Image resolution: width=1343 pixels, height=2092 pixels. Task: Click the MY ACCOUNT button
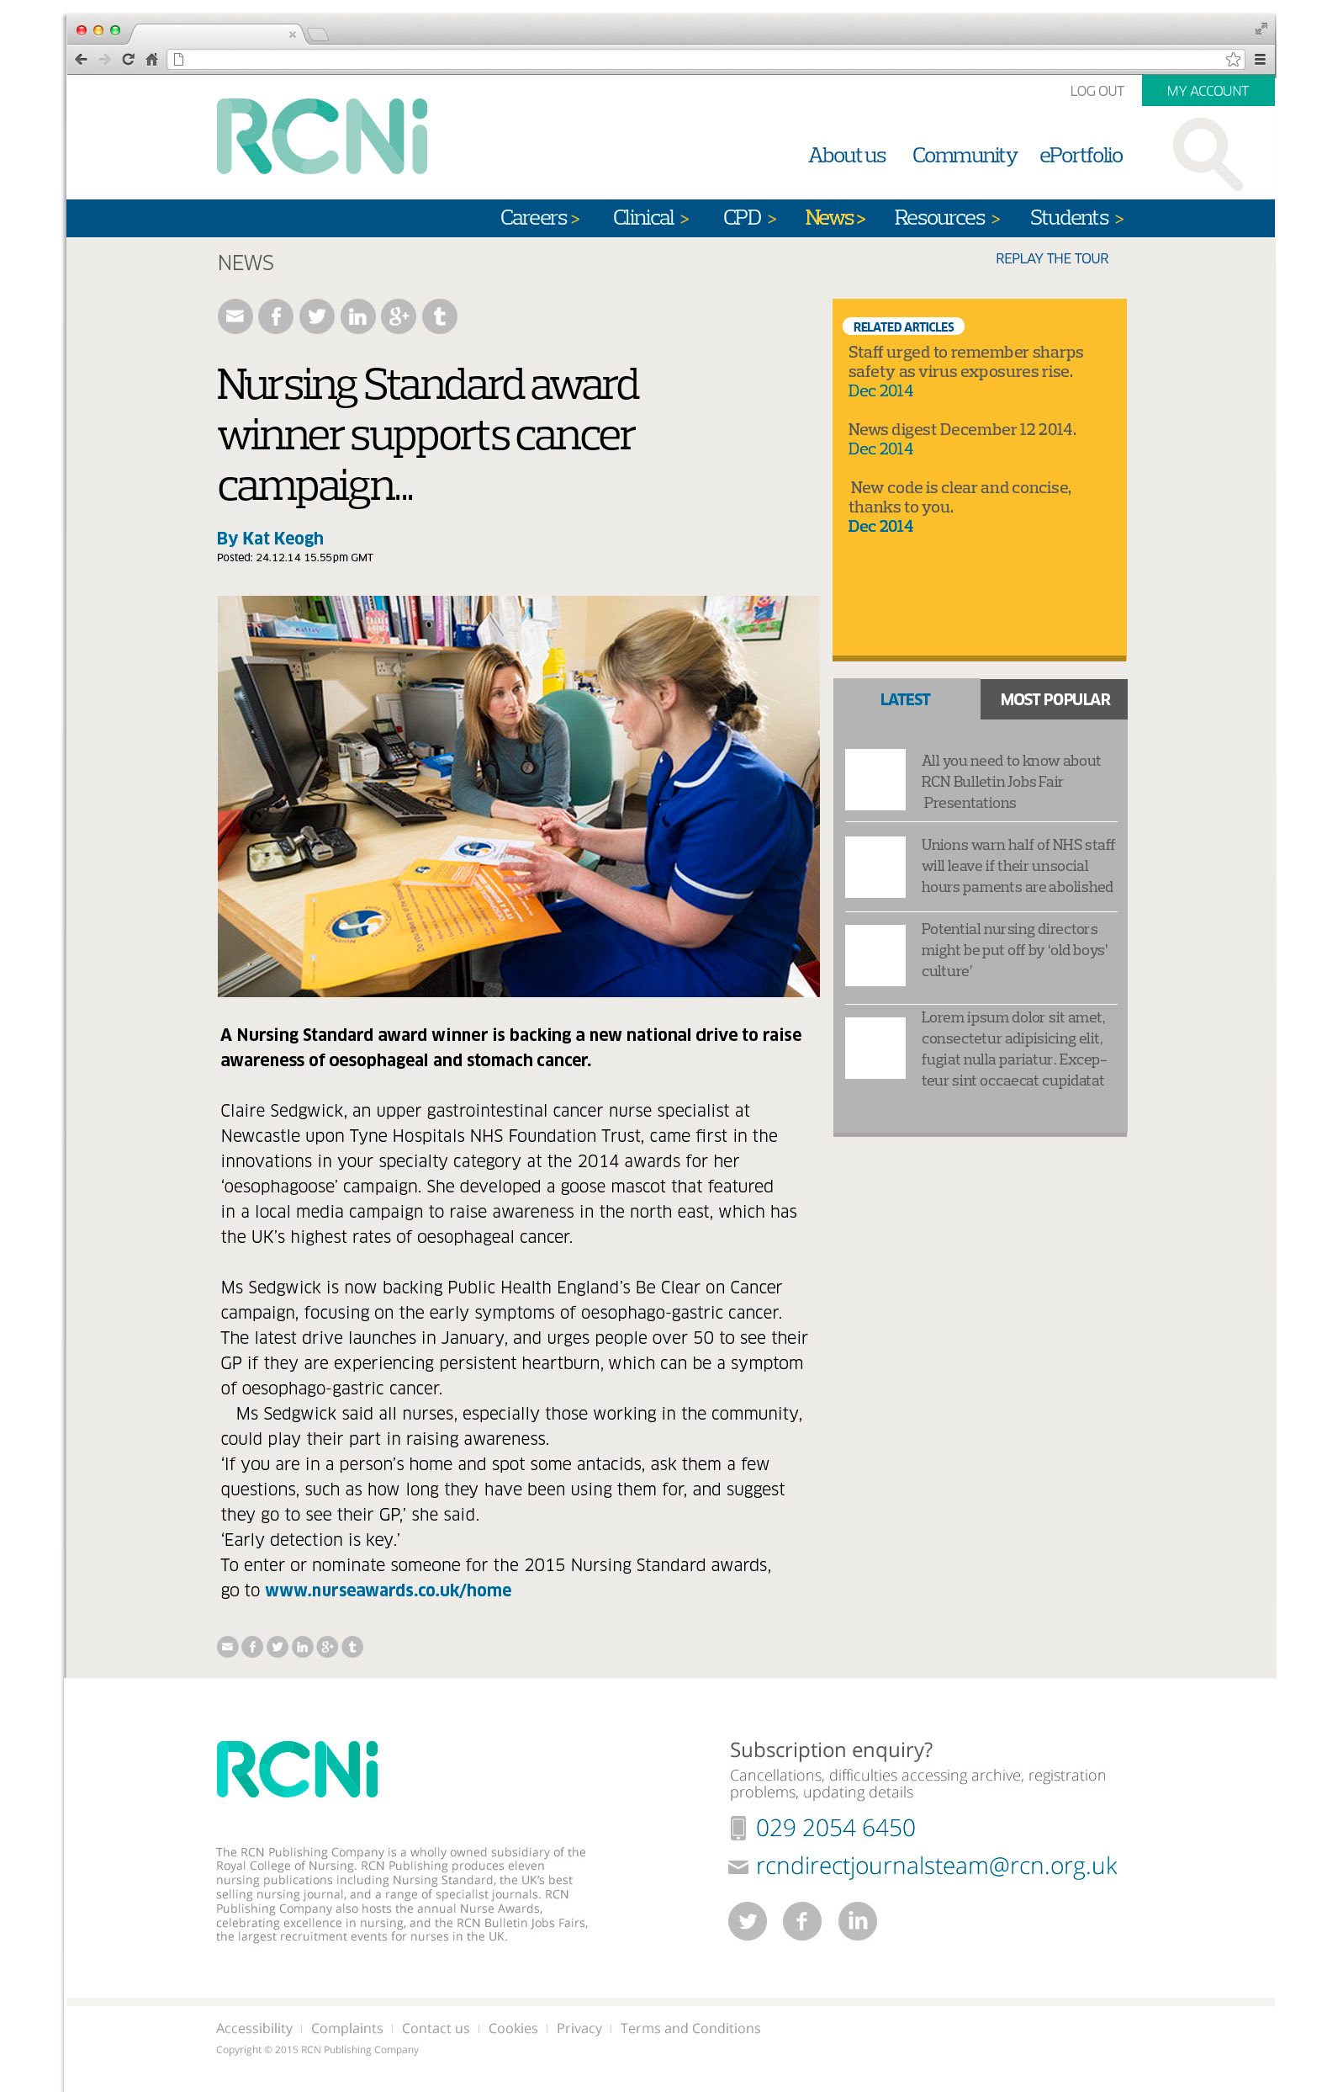(1207, 91)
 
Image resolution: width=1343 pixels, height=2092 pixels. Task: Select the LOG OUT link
(1097, 91)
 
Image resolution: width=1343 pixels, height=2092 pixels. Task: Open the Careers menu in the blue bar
(539, 217)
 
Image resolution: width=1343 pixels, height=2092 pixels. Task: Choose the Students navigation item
(1076, 217)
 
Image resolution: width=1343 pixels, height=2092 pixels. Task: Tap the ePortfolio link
(1080, 156)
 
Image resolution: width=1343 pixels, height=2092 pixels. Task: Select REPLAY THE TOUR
(1051, 258)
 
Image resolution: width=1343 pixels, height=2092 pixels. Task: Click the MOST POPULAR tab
(1054, 699)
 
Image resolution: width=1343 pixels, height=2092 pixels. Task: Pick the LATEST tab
(904, 699)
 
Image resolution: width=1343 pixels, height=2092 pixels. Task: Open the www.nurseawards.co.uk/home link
(388, 1590)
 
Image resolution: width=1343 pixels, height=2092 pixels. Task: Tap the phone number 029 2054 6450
(834, 1828)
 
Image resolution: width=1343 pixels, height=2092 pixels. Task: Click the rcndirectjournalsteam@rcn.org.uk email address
(935, 1866)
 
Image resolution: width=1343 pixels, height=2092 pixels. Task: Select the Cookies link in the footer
(512, 2028)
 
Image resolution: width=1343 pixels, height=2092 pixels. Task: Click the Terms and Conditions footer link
(690, 2028)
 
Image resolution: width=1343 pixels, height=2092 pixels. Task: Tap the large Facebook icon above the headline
(276, 316)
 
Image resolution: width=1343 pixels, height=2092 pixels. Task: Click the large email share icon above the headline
(235, 316)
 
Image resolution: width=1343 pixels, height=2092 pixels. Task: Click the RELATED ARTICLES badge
(902, 327)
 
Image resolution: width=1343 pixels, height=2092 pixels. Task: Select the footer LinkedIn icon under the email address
(856, 1921)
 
